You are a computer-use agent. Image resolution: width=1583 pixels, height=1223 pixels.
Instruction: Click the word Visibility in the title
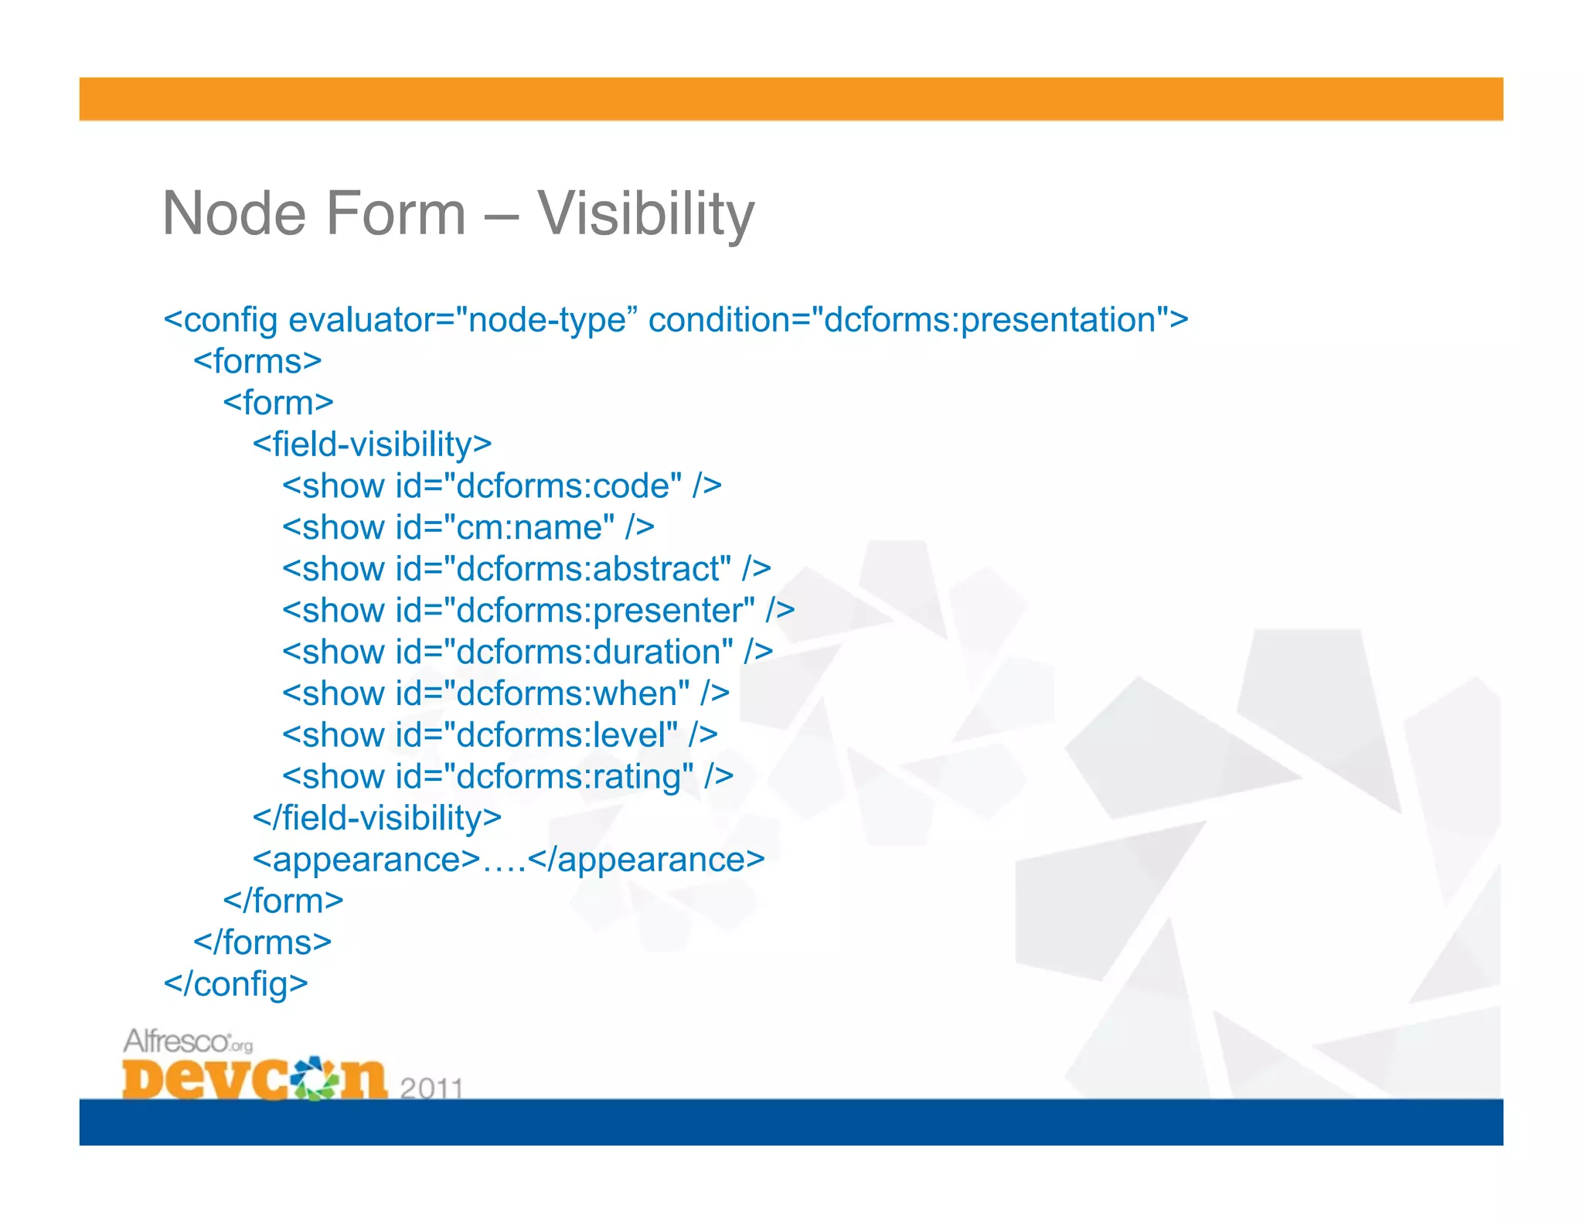(645, 213)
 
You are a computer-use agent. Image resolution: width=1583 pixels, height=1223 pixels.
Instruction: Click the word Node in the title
(237, 213)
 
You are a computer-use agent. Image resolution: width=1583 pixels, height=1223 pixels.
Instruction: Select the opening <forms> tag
(257, 361)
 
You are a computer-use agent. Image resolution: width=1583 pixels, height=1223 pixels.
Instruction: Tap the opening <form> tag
(278, 403)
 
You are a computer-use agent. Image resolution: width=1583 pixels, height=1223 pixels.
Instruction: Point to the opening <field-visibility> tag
(372, 445)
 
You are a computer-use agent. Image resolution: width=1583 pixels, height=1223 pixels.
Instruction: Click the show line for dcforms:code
(502, 486)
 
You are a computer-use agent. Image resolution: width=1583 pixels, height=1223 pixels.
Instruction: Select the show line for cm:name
(468, 528)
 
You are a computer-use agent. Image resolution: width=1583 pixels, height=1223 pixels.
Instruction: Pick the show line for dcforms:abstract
(526, 569)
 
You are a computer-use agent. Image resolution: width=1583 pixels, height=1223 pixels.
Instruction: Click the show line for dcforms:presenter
(538, 611)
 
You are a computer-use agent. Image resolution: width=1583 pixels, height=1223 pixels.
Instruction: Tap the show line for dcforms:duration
(527, 652)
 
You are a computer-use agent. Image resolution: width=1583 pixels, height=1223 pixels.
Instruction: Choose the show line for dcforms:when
(506, 693)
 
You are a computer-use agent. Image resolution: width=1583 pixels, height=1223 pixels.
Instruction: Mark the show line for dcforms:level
(499, 735)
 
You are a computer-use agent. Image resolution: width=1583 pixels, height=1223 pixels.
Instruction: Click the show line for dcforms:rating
(508, 777)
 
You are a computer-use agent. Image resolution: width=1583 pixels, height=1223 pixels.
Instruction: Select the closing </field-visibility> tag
(377, 818)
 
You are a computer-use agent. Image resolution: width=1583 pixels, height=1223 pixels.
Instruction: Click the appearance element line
(508, 860)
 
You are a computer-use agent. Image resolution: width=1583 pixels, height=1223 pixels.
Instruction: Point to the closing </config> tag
(236, 984)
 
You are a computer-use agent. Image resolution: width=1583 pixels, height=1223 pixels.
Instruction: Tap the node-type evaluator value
(547, 320)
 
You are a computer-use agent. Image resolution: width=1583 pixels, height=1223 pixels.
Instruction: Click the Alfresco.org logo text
(187, 1041)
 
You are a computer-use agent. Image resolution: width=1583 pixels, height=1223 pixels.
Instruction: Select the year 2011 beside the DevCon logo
(431, 1088)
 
